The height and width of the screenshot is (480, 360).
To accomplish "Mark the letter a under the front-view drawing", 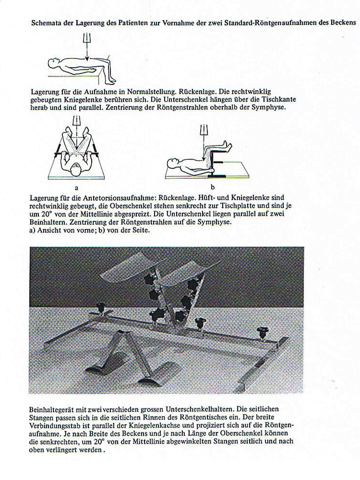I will click(x=77, y=188).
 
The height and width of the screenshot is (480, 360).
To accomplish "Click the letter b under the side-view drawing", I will click(x=212, y=188).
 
